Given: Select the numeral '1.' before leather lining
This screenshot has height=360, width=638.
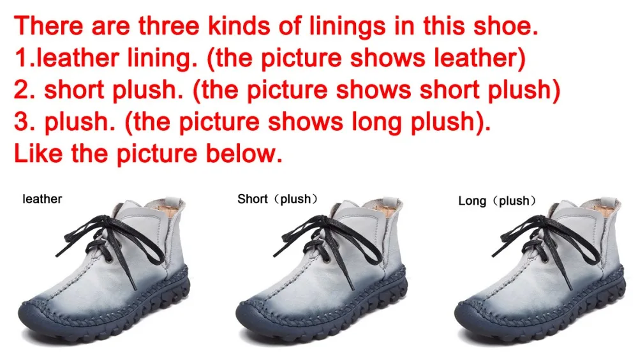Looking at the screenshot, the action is (x=24, y=57).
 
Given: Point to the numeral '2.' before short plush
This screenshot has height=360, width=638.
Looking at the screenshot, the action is (x=26, y=89).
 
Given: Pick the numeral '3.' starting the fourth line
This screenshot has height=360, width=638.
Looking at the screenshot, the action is (x=26, y=121).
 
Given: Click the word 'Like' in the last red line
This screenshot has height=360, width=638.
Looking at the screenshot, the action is (x=39, y=153).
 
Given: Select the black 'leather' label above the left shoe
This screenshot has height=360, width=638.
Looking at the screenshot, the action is (x=42, y=199).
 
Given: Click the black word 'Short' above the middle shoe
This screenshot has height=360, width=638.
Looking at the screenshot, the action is (x=253, y=199).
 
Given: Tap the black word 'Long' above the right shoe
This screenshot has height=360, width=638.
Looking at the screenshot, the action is (x=472, y=201).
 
